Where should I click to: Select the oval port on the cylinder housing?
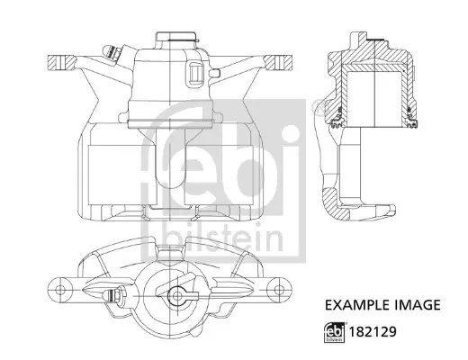[194, 74]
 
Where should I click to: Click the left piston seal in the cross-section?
[338, 115]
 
